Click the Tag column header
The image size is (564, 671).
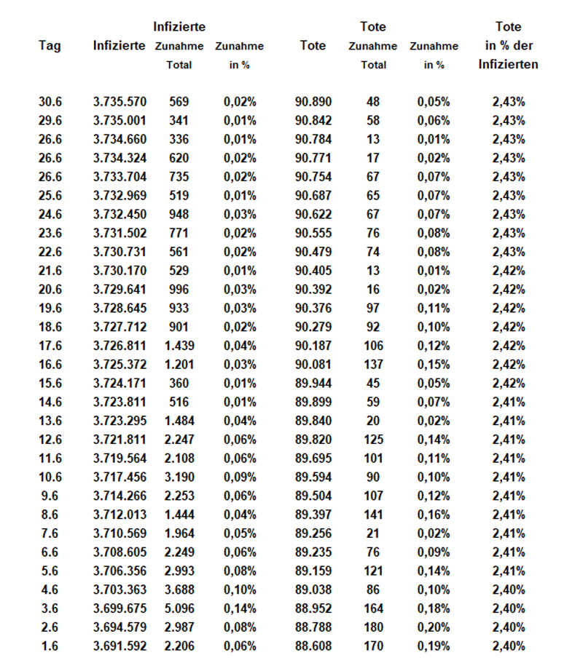(50, 46)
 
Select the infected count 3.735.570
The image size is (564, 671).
(120, 101)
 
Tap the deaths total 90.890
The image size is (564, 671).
(313, 101)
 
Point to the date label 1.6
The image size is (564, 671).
(50, 646)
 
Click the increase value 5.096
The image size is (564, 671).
(179, 608)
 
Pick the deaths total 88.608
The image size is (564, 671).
(313, 646)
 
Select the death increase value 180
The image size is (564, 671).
(372, 627)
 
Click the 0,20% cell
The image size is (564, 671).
(434, 627)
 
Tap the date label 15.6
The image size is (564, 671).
(50, 383)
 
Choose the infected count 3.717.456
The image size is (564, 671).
(120, 477)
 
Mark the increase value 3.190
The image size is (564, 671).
(179, 477)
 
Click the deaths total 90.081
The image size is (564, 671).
(313, 364)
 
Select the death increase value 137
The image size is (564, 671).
(372, 364)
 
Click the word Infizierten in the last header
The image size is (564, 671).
(508, 65)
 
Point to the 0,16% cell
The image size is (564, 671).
(434, 514)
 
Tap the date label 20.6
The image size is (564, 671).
(50, 308)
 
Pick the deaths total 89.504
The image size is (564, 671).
(313, 496)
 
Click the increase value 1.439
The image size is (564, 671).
(179, 345)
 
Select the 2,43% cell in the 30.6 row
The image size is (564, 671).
(508, 101)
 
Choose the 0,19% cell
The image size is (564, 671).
(434, 646)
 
